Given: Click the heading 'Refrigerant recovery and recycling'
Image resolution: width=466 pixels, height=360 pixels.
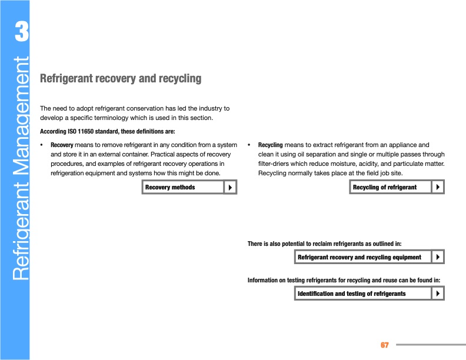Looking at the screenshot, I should pyautogui.click(x=120, y=78).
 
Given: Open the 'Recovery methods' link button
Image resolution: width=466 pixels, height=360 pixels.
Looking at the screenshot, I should pyautogui.click(x=182, y=187).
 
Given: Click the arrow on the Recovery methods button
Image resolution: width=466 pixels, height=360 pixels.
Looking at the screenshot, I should pyautogui.click(x=230, y=187).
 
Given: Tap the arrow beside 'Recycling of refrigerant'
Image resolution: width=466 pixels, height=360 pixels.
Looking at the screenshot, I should pyautogui.click(x=438, y=187).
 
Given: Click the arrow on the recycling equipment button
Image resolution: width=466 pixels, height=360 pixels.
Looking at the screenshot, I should pyautogui.click(x=438, y=257).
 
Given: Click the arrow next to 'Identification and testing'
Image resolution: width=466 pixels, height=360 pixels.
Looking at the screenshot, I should pyautogui.click(x=438, y=293).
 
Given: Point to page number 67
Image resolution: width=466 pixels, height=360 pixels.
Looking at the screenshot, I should pyautogui.click(x=385, y=344).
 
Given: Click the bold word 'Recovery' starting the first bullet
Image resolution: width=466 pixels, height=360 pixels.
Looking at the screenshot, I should pyautogui.click(x=62, y=145).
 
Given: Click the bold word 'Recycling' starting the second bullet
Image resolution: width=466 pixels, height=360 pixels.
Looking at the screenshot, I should pyautogui.click(x=271, y=145).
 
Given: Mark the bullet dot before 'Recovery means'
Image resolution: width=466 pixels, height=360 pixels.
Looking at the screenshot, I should pyautogui.click(x=41, y=145).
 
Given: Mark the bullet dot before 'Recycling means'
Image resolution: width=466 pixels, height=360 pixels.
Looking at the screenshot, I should pyautogui.click(x=249, y=145).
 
